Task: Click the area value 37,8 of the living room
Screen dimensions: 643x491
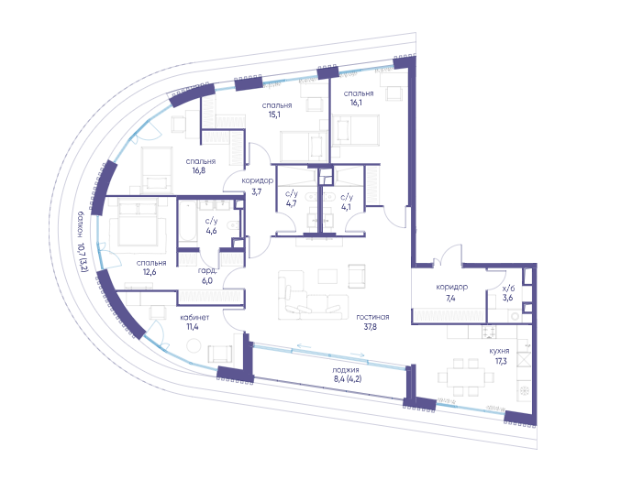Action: pyautogui.click(x=370, y=327)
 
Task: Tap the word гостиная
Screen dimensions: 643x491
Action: pyautogui.click(x=372, y=317)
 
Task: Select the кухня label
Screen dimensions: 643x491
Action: pyautogui.click(x=499, y=351)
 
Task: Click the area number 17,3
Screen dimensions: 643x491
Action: pyautogui.click(x=501, y=361)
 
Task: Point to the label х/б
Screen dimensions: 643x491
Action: pyautogui.click(x=508, y=288)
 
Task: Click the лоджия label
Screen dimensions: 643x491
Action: pyautogui.click(x=346, y=370)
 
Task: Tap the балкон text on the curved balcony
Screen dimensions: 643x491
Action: pyautogui.click(x=81, y=224)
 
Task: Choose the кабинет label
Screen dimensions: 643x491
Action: pyautogui.click(x=194, y=317)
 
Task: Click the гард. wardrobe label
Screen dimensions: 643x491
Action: pyautogui.click(x=207, y=270)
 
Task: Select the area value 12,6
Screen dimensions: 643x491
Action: pyautogui.click(x=150, y=272)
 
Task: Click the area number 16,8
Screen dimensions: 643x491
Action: pyautogui.click(x=199, y=170)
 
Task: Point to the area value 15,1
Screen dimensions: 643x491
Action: pyautogui.click(x=274, y=115)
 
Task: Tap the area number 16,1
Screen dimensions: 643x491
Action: pyautogui.click(x=356, y=103)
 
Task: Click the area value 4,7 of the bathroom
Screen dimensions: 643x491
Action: pyautogui.click(x=291, y=202)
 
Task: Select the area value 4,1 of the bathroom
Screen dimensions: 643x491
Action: pyautogui.click(x=346, y=207)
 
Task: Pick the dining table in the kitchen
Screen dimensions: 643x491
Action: pyautogui.click(x=465, y=377)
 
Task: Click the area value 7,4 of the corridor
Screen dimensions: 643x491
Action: pyautogui.click(x=450, y=298)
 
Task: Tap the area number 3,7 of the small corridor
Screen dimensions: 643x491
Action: pyautogui.click(x=256, y=191)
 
